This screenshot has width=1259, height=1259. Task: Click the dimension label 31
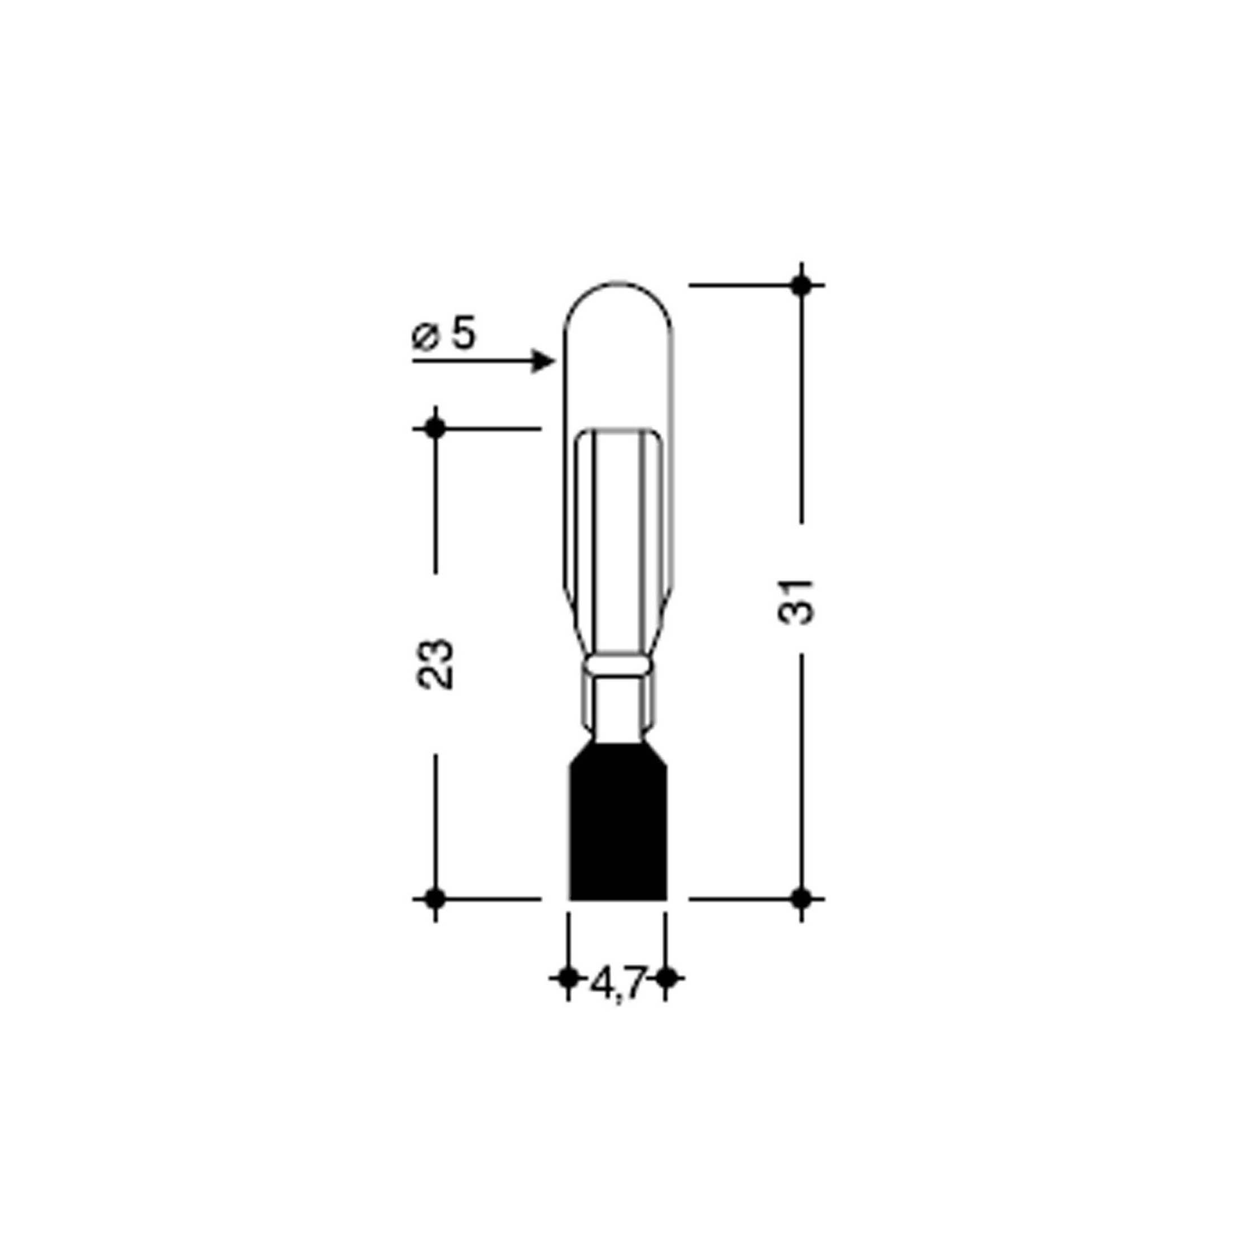pyautogui.click(x=796, y=601)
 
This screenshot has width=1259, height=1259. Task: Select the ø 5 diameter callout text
pyautogui.click(x=445, y=336)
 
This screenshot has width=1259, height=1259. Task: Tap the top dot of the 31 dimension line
pyautogui.click(x=801, y=285)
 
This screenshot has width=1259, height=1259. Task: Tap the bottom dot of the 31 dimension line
pyautogui.click(x=801, y=899)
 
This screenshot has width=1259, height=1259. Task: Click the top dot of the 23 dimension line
pyautogui.click(x=435, y=429)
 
